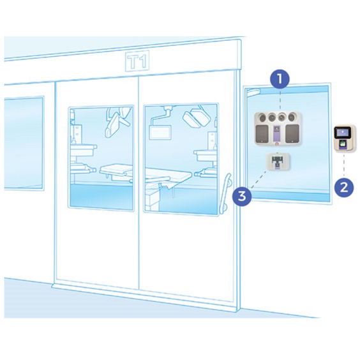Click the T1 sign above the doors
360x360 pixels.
pyautogui.click(x=137, y=61)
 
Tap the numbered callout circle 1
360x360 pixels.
pyautogui.click(x=280, y=79)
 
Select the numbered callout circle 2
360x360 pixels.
pyautogui.click(x=343, y=188)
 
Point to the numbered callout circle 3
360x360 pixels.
pyautogui.click(x=242, y=197)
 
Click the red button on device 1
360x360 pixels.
pyautogui.click(x=278, y=144)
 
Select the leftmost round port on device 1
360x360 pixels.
pyautogui.click(x=262, y=117)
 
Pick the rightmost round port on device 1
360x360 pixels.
pyautogui.click(x=292, y=117)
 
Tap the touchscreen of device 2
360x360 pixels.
pyautogui.click(x=343, y=133)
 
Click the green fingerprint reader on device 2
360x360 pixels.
pyautogui.click(x=343, y=144)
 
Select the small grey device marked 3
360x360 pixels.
pyautogui.click(x=278, y=163)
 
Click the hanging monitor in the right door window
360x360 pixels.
pyautogui.click(x=161, y=131)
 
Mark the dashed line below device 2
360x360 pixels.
pyautogui.click(x=343, y=165)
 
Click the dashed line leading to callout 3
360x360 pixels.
pyautogui.click(x=260, y=179)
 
